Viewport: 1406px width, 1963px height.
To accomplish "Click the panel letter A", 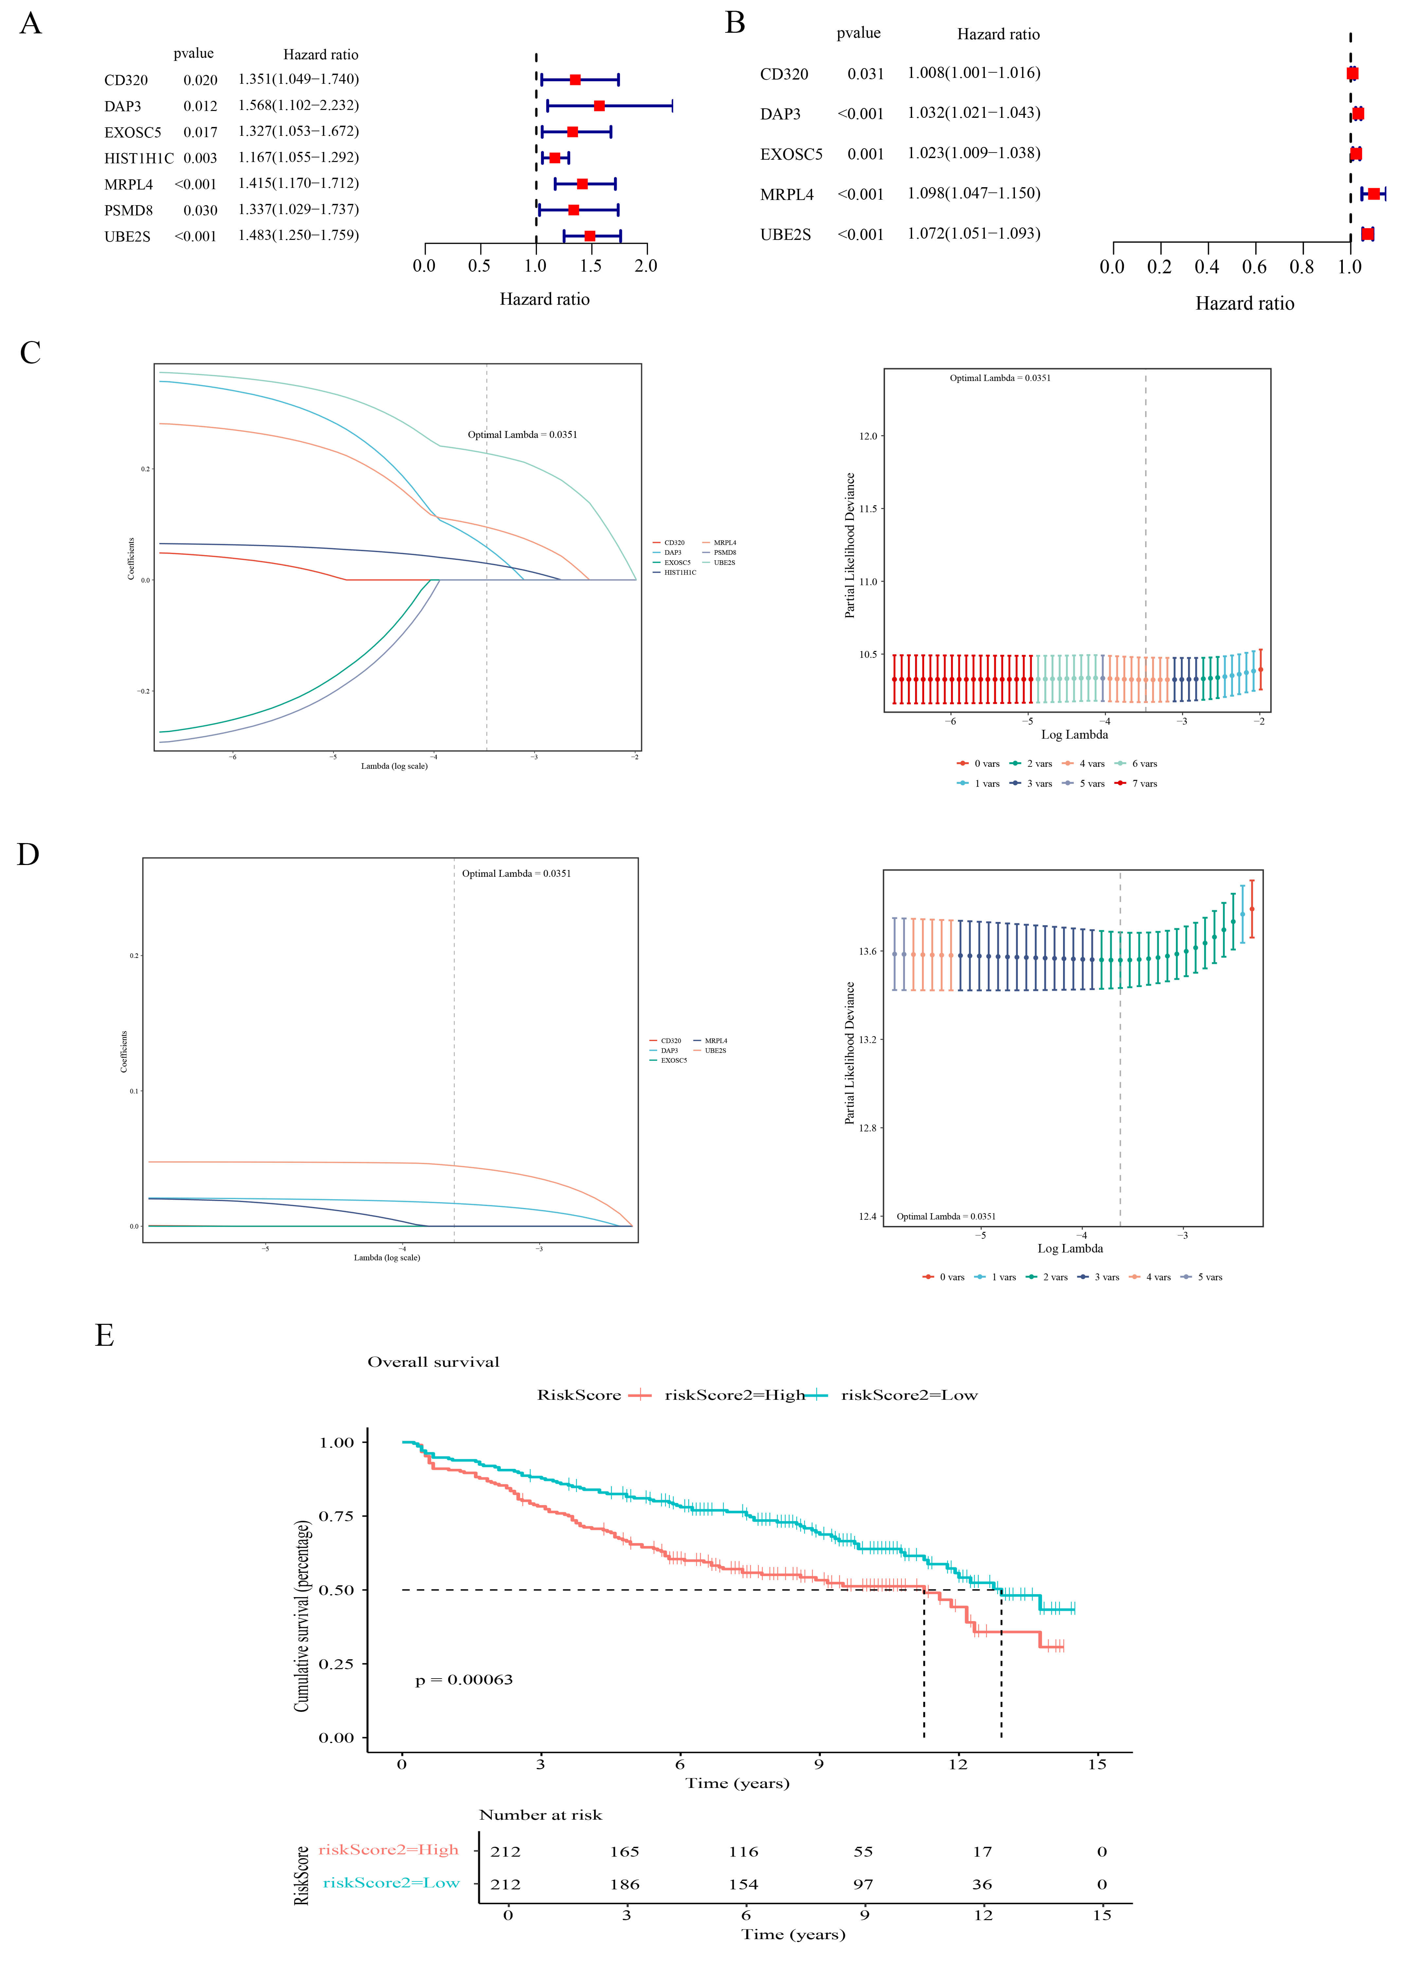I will coord(30,23).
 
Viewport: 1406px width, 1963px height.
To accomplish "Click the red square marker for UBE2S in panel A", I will coord(589,235).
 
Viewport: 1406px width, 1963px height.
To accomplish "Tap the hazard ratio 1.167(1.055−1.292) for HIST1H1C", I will coord(299,157).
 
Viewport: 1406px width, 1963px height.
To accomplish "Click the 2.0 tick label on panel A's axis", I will coord(646,266).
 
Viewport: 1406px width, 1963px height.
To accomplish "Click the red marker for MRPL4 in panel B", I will coord(1374,194).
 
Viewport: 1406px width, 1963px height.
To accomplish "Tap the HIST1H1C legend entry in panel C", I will coord(680,572).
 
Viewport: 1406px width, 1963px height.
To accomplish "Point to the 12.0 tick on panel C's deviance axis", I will coord(868,436).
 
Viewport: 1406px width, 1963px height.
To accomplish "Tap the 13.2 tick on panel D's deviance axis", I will coord(868,1039).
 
